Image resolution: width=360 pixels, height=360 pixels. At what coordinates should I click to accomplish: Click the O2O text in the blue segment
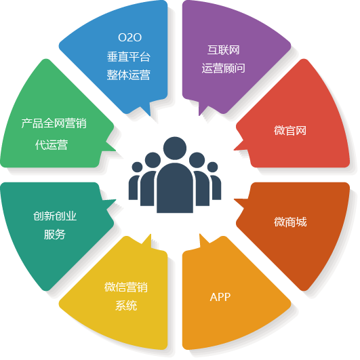[129, 37]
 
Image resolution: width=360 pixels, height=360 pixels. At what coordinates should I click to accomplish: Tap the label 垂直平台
[129, 56]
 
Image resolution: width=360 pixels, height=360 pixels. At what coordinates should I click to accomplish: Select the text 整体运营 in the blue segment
[129, 75]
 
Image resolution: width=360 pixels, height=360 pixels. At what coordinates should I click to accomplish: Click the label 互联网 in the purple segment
[224, 50]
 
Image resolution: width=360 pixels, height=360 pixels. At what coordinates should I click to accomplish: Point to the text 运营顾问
[224, 68]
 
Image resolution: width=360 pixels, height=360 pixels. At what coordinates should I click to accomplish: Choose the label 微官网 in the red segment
[290, 130]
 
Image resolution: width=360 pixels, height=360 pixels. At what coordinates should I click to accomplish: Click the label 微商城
[290, 222]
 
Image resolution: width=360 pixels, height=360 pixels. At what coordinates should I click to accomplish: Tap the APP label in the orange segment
[220, 297]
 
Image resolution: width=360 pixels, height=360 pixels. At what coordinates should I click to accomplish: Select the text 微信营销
[126, 287]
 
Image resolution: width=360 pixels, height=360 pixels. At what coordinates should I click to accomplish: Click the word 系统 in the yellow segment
[126, 305]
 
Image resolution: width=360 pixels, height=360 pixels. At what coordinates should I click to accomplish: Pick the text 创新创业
[55, 216]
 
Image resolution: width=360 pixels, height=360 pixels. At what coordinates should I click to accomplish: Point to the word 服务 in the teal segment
[55, 235]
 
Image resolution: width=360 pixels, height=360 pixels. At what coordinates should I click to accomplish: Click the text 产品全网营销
[54, 123]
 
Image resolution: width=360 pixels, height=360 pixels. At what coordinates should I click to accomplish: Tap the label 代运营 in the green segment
[52, 145]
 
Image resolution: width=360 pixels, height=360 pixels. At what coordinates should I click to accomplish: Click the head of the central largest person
[175, 148]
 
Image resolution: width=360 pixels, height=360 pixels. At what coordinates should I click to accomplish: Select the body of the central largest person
[175, 188]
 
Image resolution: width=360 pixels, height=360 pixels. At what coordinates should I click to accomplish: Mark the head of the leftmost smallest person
[138, 167]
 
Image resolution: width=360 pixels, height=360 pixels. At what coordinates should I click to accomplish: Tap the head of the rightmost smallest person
[213, 167]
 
